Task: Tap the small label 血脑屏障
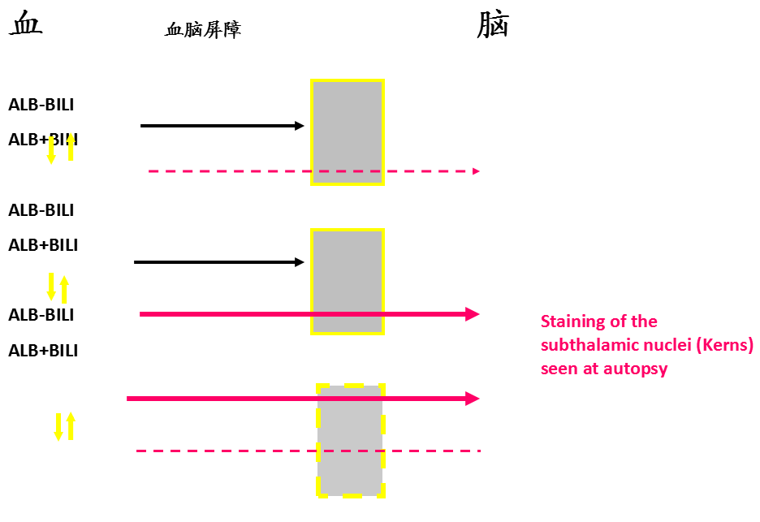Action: click(x=203, y=31)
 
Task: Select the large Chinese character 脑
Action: click(x=493, y=25)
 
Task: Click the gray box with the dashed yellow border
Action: click(x=350, y=440)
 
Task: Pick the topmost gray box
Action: click(x=348, y=132)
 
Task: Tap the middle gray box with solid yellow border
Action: click(x=348, y=282)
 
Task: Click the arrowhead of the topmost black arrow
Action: click(x=300, y=126)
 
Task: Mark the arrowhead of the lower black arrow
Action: click(x=300, y=262)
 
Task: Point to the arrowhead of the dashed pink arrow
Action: click(x=476, y=171)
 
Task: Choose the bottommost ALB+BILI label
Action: click(x=43, y=352)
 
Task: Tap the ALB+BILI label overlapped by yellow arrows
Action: click(x=43, y=140)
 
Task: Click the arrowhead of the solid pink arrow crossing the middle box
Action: click(x=473, y=314)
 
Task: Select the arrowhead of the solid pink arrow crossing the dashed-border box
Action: click(x=473, y=399)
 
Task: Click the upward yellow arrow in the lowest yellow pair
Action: click(x=71, y=425)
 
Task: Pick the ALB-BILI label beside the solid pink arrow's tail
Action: click(x=41, y=315)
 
